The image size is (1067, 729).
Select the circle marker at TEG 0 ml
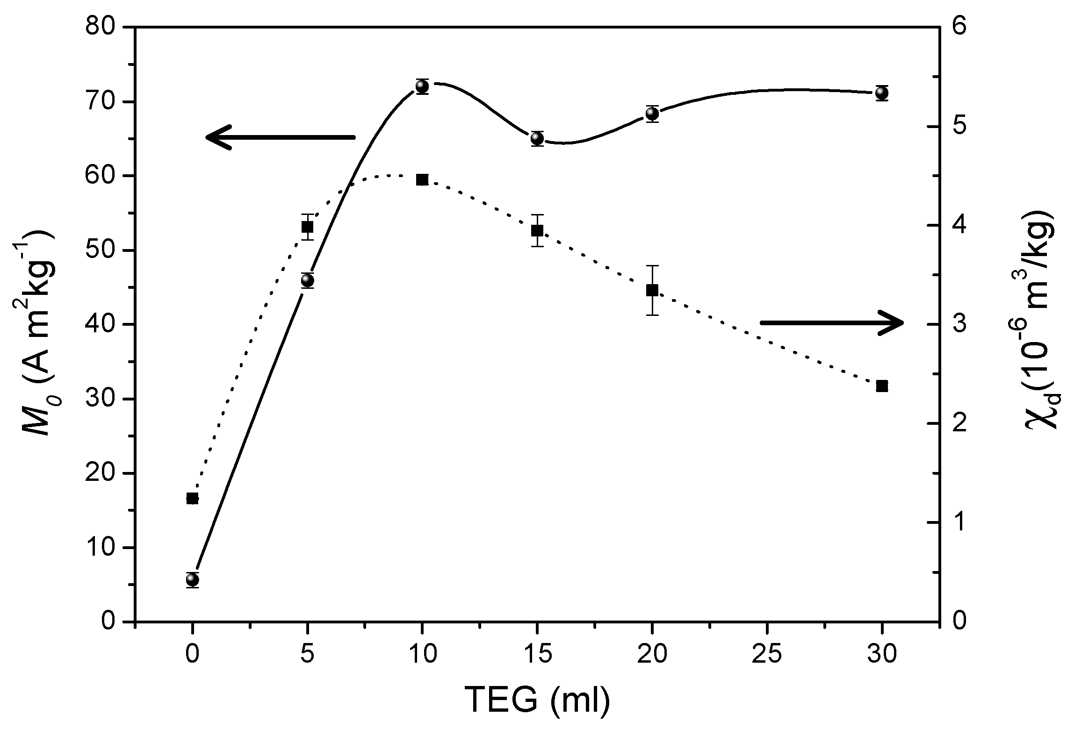click(x=192, y=580)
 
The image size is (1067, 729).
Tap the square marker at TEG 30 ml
click(x=882, y=386)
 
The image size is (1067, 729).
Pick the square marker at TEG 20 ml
click(x=652, y=290)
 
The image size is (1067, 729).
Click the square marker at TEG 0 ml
click(x=192, y=498)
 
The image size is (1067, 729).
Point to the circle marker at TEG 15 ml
click(x=537, y=139)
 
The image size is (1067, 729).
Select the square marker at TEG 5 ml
click(x=307, y=227)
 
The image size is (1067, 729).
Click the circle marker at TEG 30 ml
click(x=882, y=93)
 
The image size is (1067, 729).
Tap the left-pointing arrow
click(x=281, y=137)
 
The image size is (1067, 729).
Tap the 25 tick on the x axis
click(x=767, y=655)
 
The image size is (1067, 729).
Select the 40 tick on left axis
click(x=100, y=324)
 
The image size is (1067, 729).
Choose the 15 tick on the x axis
click(x=537, y=655)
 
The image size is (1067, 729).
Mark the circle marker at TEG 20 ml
click(x=652, y=114)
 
